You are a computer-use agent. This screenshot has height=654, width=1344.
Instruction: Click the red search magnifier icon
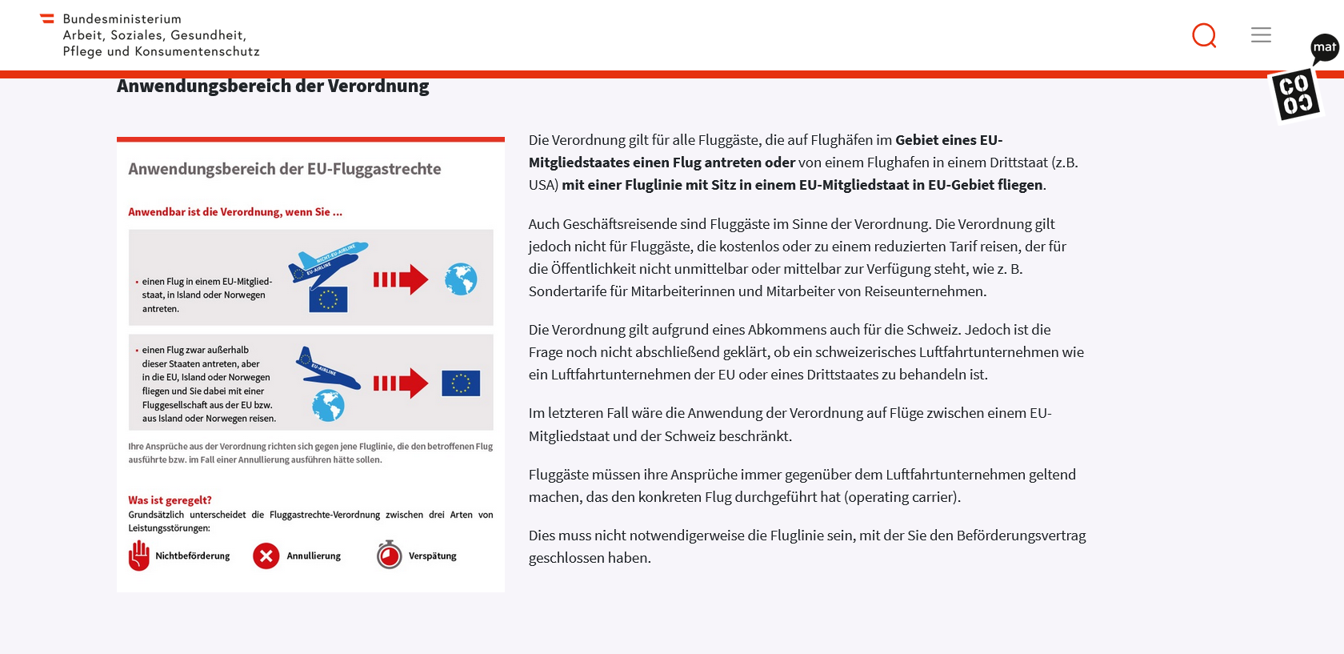click(x=1204, y=35)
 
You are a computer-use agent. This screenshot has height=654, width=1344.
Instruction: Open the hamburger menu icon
click(x=1261, y=34)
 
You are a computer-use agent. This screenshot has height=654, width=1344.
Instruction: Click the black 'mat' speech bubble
click(x=1324, y=48)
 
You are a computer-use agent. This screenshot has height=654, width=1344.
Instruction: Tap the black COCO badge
click(x=1296, y=94)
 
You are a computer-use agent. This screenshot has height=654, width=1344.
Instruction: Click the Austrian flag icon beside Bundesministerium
click(x=47, y=18)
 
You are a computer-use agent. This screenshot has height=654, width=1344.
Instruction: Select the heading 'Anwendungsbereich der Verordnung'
click(x=273, y=86)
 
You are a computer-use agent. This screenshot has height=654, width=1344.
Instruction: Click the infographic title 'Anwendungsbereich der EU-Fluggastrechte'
click(x=285, y=169)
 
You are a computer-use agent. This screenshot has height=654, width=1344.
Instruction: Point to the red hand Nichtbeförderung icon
click(x=139, y=556)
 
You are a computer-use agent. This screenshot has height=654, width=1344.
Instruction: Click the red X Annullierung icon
click(x=266, y=556)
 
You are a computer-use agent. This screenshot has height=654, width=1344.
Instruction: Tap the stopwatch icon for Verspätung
click(x=390, y=555)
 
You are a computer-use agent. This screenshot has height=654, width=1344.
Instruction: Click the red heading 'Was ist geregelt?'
click(x=170, y=500)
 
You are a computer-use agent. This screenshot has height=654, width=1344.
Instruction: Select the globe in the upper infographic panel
click(x=461, y=279)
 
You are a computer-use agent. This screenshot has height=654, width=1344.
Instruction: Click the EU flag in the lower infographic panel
click(x=461, y=383)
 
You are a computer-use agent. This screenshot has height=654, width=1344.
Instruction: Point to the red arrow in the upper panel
click(x=401, y=279)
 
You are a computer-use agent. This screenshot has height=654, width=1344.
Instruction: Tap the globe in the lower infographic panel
click(x=328, y=406)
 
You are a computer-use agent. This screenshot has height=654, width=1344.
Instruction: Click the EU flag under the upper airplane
click(x=328, y=299)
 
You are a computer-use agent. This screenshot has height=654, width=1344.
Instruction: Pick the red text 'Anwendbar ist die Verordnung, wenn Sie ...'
click(x=235, y=212)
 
